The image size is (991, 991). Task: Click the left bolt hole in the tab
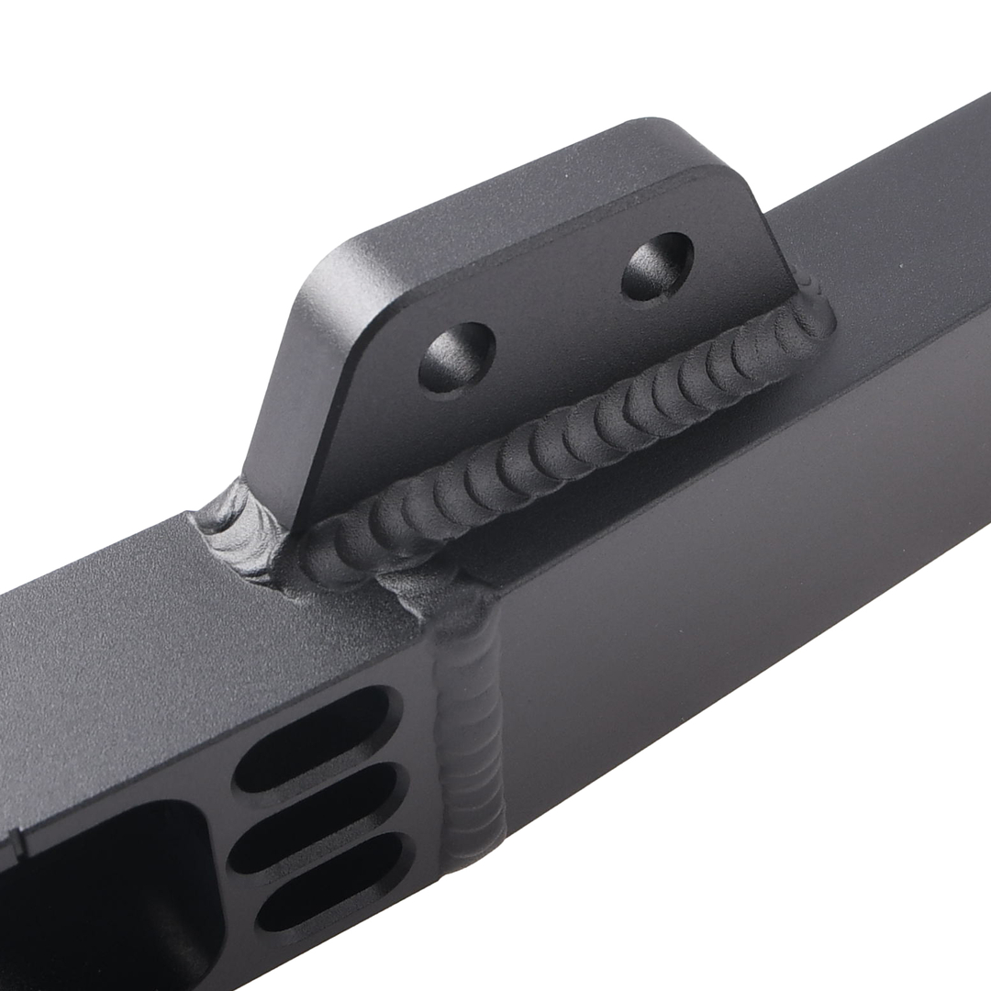point(457,356)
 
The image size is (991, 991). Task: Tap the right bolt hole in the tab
point(657,266)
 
